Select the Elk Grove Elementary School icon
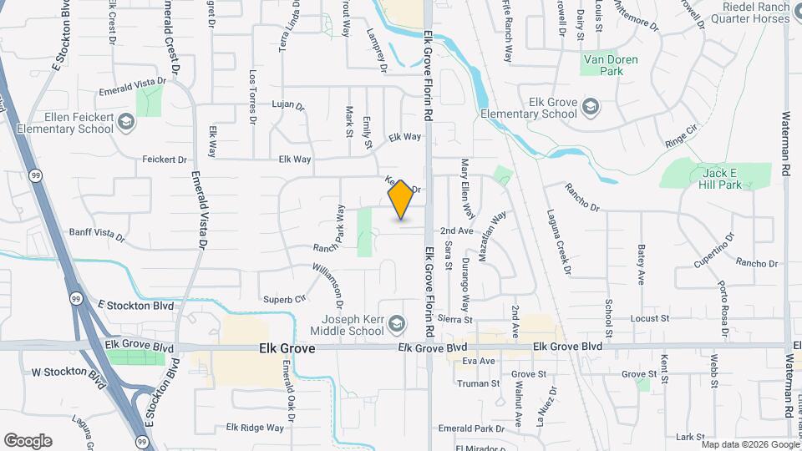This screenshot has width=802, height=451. (x=591, y=106)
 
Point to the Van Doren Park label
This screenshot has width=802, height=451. (x=603, y=65)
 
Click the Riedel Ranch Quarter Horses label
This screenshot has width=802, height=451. (x=754, y=12)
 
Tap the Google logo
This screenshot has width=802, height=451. (x=28, y=441)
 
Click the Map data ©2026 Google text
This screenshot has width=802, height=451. (x=750, y=444)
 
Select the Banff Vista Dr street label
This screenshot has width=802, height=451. (x=96, y=236)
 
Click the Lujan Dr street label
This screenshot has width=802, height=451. (x=288, y=106)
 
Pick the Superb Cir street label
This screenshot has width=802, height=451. (x=285, y=299)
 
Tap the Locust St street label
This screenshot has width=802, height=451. (x=650, y=318)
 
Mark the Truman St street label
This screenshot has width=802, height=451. (x=478, y=383)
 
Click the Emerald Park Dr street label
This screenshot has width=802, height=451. (x=471, y=428)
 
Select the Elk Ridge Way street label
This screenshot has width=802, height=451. (x=255, y=428)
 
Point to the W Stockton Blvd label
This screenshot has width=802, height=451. (x=64, y=378)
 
